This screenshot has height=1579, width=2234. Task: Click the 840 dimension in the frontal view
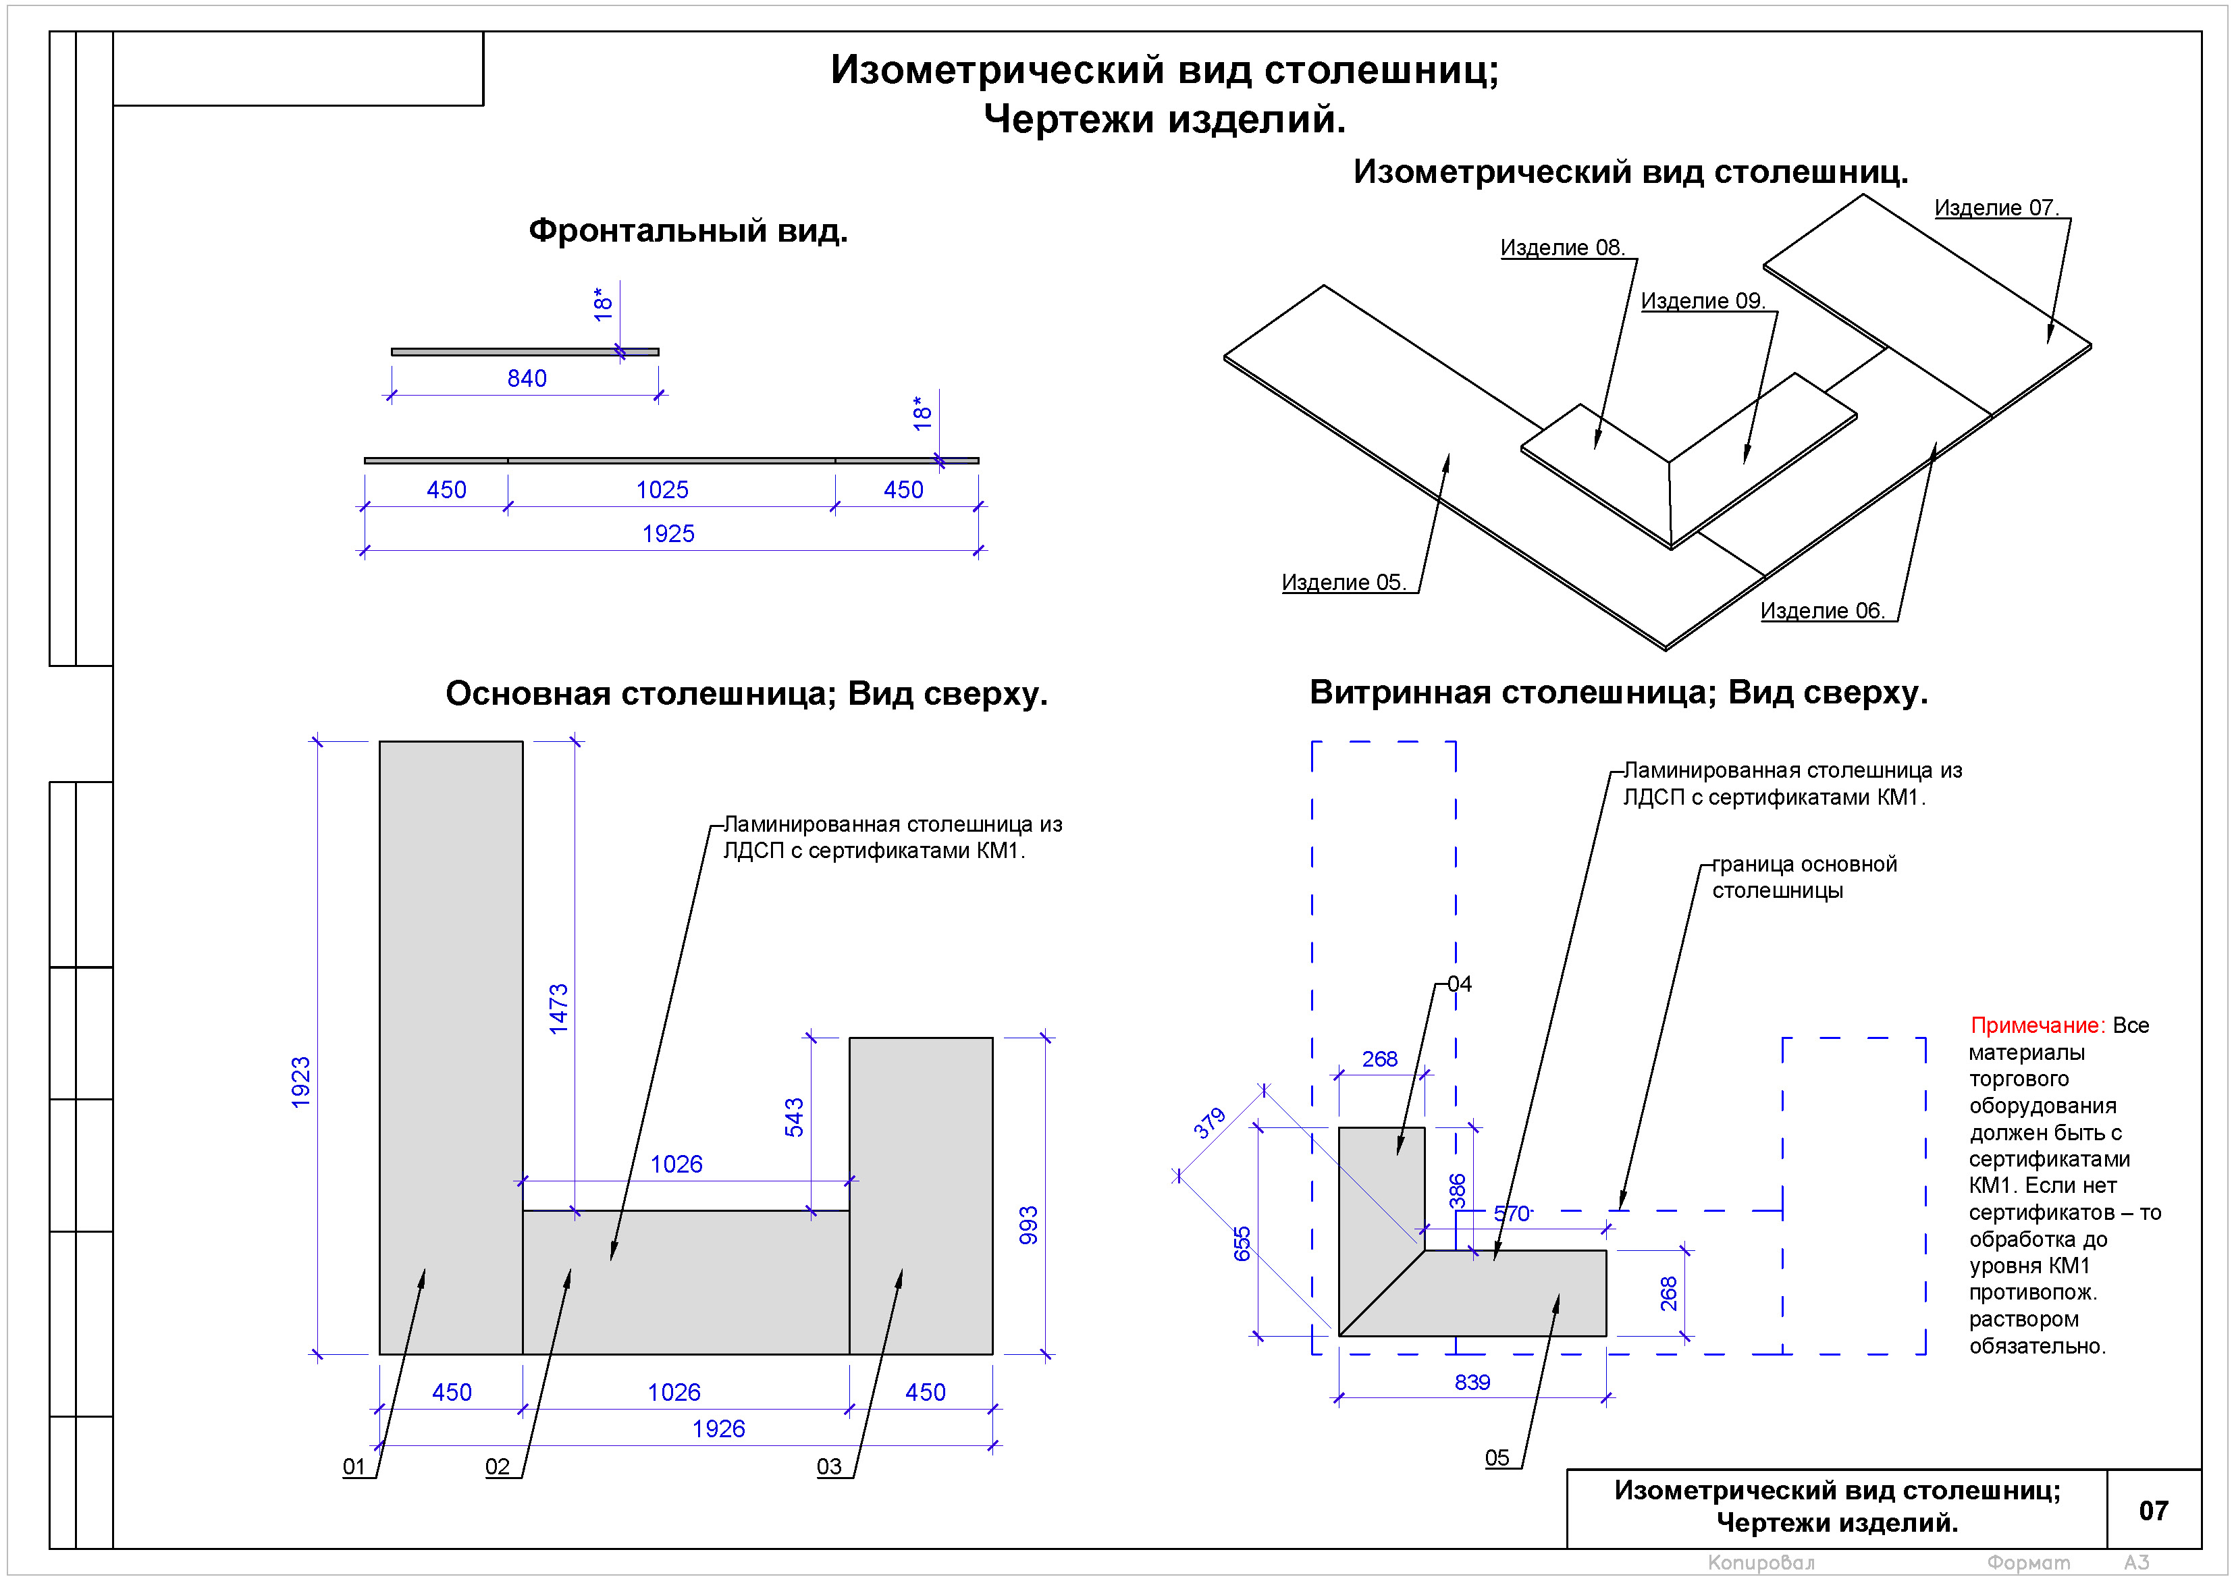[x=527, y=379]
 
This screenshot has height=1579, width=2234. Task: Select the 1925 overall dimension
[x=668, y=534]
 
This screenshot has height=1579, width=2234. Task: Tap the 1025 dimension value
[x=662, y=490]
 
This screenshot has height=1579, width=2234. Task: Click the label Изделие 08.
[x=1562, y=248]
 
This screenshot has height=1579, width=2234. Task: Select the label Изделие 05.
[x=1343, y=583]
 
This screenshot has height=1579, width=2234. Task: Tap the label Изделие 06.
[x=1821, y=611]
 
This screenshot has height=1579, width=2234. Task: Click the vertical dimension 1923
[x=300, y=1082]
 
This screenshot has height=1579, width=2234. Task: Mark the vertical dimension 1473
[x=558, y=1009]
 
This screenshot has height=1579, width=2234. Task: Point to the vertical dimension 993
[x=1028, y=1226]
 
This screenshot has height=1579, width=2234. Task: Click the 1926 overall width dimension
[x=718, y=1429]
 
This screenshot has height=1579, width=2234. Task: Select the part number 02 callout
[x=497, y=1467]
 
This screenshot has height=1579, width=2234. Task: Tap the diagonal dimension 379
[x=1209, y=1124]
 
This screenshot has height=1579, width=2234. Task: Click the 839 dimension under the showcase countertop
[x=1472, y=1383]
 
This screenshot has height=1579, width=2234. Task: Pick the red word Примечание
[x=2036, y=1025]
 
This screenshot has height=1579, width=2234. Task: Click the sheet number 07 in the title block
[x=2152, y=1511]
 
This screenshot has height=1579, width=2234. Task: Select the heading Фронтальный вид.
[x=688, y=232]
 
